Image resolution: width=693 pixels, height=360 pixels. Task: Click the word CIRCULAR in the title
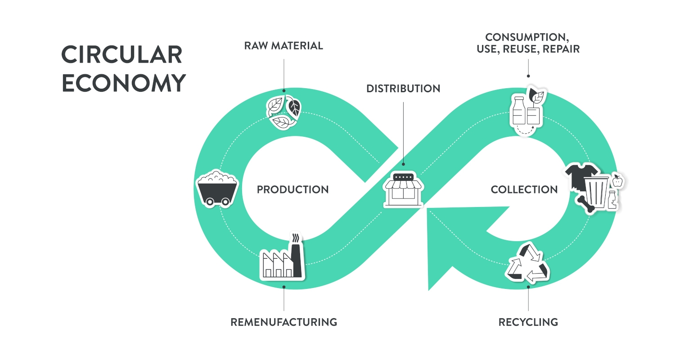point(122,55)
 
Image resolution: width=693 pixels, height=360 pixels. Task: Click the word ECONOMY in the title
point(124,83)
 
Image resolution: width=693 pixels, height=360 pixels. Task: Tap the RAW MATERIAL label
point(283,45)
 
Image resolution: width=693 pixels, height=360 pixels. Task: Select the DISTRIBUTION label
point(403,89)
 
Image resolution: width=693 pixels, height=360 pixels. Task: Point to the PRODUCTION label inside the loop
point(292,189)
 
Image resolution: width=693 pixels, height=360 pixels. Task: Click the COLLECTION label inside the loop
point(524,189)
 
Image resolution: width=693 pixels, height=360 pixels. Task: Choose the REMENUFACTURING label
point(283,322)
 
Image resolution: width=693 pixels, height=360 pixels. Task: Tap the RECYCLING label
point(528,322)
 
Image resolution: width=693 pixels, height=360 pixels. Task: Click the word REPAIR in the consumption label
point(561,49)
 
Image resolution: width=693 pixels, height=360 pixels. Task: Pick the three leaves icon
point(283,111)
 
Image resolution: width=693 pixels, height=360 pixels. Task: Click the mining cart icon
point(217,188)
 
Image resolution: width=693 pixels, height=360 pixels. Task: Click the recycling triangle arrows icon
point(528,265)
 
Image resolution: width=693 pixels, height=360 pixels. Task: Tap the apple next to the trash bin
point(618,181)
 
